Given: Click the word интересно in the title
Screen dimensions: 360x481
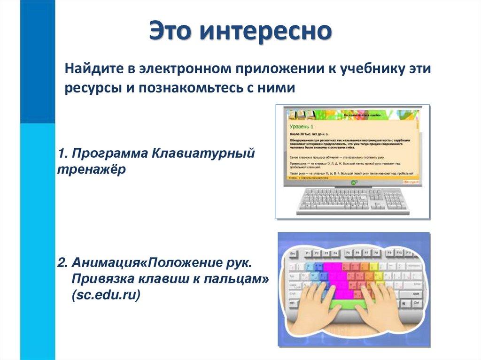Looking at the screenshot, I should point(265,32).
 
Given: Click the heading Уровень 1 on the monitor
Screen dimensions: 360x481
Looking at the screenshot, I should point(301,127).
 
